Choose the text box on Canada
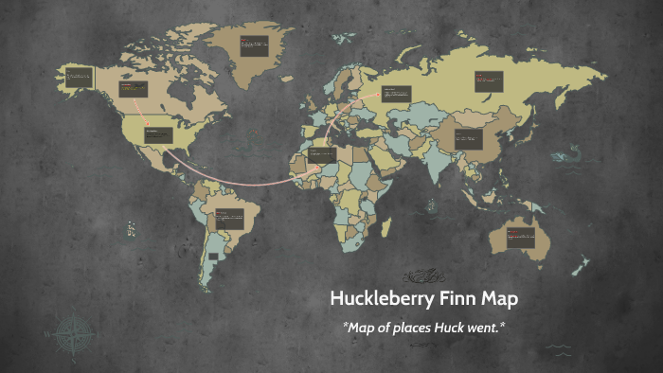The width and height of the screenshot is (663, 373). coord(134,90)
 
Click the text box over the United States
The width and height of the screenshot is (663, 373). coord(158,134)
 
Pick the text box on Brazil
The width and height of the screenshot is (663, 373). coord(228,217)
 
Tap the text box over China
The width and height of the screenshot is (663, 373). coord(468,139)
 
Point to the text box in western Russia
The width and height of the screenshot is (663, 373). coord(396,93)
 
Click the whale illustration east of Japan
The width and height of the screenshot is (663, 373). coord(569,152)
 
